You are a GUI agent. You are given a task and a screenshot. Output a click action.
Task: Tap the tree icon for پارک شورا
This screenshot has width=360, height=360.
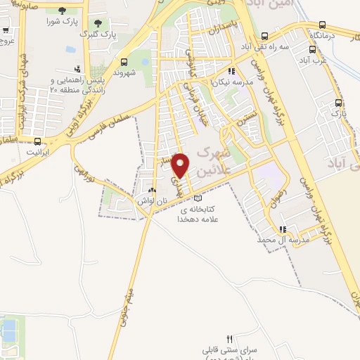63,11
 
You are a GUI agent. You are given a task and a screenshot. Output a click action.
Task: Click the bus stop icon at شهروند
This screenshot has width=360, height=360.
124,61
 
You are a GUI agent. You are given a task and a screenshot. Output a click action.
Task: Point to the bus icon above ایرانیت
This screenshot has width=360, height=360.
32,141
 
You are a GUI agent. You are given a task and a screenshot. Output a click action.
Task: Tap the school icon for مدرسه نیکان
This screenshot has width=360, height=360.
231,71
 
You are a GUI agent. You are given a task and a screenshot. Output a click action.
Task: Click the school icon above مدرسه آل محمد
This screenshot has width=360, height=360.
283,229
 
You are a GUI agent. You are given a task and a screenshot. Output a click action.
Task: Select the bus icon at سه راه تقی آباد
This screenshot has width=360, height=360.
264,37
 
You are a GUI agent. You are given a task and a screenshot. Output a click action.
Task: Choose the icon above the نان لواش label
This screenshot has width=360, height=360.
152,191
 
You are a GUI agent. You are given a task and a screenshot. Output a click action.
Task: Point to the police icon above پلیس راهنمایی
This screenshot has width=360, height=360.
77,69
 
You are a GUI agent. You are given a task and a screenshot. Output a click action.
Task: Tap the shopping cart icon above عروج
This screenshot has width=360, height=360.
6,31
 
